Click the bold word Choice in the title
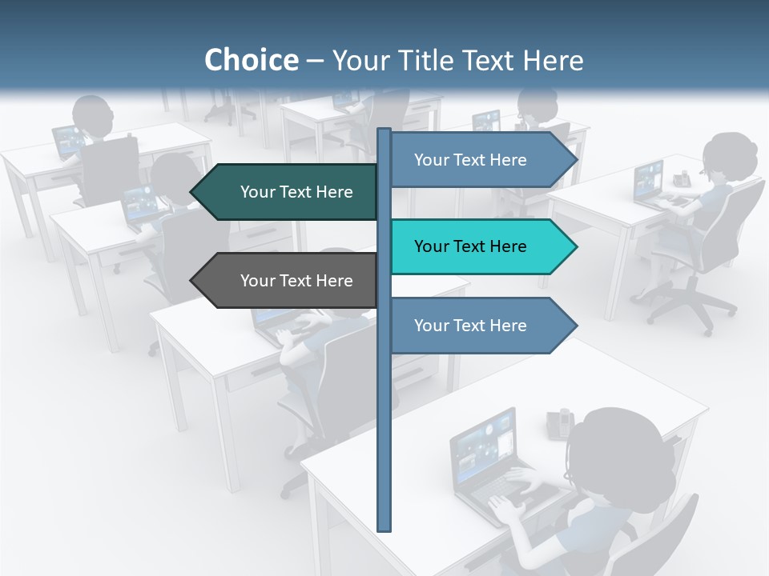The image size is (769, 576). click(x=251, y=60)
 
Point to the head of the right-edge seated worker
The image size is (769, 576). click(x=731, y=158)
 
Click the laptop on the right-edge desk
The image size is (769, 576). click(x=650, y=183)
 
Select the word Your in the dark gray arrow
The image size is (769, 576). click(x=257, y=281)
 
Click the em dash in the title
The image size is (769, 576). click(x=315, y=61)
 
